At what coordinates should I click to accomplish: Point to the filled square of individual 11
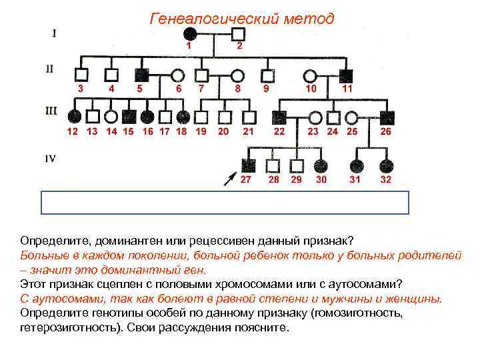click(347, 75)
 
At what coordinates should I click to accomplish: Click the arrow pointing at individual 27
click(229, 179)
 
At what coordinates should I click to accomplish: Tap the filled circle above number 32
click(385, 165)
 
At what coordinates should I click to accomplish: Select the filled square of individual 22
click(279, 117)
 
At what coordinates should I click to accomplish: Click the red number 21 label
click(248, 131)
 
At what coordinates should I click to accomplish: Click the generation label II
click(51, 69)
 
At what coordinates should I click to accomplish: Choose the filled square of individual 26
click(386, 117)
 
